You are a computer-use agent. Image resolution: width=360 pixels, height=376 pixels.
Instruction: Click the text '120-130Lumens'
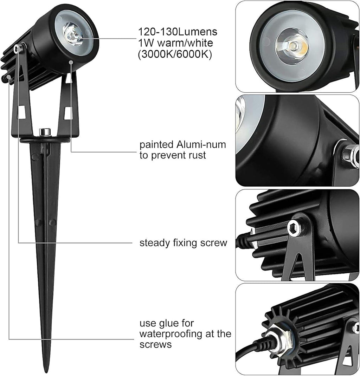click(177, 32)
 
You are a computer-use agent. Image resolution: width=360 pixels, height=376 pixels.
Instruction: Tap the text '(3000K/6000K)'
click(174, 55)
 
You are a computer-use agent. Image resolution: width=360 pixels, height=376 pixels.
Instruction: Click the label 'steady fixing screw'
click(184, 243)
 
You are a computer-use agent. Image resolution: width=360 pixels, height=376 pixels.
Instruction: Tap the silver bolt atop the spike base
click(44, 132)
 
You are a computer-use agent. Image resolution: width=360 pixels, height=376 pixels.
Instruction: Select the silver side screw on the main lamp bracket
click(18, 49)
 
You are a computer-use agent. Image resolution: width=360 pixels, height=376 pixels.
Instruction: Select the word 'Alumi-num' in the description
click(205, 144)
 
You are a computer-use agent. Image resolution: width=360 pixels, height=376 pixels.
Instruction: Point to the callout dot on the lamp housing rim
click(71, 62)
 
